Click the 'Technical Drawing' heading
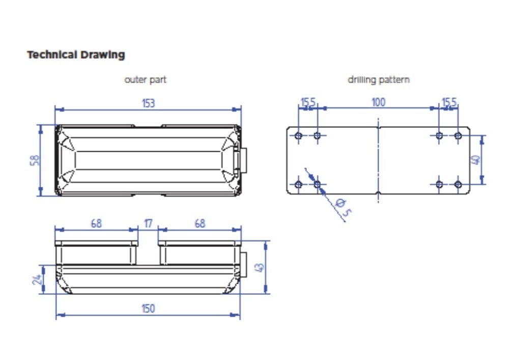tap(76, 54)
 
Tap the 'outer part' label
tap(146, 79)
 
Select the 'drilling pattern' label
tap(379, 79)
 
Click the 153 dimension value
tap(148, 103)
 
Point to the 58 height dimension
tap(35, 160)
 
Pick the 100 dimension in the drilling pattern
tap(378, 102)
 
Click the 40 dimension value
tap(475, 160)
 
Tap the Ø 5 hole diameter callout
tap(344, 207)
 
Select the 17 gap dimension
tap(148, 224)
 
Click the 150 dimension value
tap(148, 308)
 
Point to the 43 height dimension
tap(260, 267)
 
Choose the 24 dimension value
tap(37, 280)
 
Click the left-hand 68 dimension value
tap(96, 224)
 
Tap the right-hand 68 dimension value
tap(200, 224)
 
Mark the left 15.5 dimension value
tap(308, 102)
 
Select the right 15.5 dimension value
tap(449, 102)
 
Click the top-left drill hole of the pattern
tap(298, 135)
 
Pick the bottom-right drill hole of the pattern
tap(458, 185)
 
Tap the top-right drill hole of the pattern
tap(458, 135)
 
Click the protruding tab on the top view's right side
tap(243, 160)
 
